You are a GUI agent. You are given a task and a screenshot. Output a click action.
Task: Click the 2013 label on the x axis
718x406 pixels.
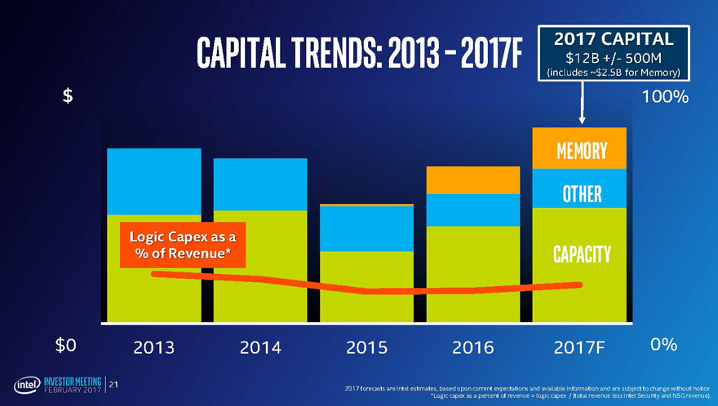[154, 347]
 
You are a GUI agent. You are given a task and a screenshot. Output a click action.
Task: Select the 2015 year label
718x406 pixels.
[366, 347]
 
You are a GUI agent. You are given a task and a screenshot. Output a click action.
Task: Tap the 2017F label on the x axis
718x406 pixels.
[578, 347]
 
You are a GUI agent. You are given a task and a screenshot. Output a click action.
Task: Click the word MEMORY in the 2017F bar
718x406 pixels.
[581, 152]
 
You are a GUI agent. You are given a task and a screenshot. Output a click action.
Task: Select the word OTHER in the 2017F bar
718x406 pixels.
[582, 194]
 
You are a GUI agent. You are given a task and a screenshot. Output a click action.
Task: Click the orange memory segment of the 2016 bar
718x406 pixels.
[473, 179]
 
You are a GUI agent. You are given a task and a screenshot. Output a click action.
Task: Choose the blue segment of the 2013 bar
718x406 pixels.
[154, 181]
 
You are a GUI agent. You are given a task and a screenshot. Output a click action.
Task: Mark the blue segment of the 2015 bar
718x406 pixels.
[366, 228]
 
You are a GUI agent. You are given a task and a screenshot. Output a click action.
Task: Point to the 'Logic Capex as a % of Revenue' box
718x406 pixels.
[182, 245]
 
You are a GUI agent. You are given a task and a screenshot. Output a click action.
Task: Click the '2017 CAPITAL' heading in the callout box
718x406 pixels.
[614, 38]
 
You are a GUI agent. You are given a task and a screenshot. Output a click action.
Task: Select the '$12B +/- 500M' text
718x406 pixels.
[614, 57]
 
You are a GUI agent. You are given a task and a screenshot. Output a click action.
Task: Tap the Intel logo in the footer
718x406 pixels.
[24, 384]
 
